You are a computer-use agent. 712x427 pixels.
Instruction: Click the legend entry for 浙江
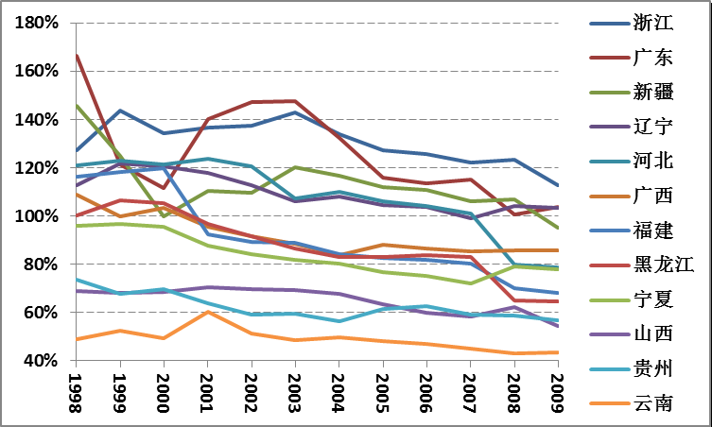pos(652,24)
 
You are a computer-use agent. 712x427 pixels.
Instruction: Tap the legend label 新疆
pos(652,92)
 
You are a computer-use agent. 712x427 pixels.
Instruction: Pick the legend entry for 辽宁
pos(652,127)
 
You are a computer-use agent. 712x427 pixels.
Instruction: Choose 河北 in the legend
pos(652,161)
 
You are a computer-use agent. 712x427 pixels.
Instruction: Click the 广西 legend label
pos(652,196)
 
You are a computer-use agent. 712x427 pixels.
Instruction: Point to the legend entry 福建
pos(652,230)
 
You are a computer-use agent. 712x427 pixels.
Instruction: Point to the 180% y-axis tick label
pos(39,24)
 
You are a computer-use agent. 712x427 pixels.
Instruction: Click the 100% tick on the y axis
pos(39,216)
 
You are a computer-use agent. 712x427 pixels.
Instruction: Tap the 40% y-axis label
pos(43,361)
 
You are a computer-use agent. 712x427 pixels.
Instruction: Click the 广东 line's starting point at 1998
pos(77,55)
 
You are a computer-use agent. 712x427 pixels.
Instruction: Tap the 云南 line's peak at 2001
pos(207,312)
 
